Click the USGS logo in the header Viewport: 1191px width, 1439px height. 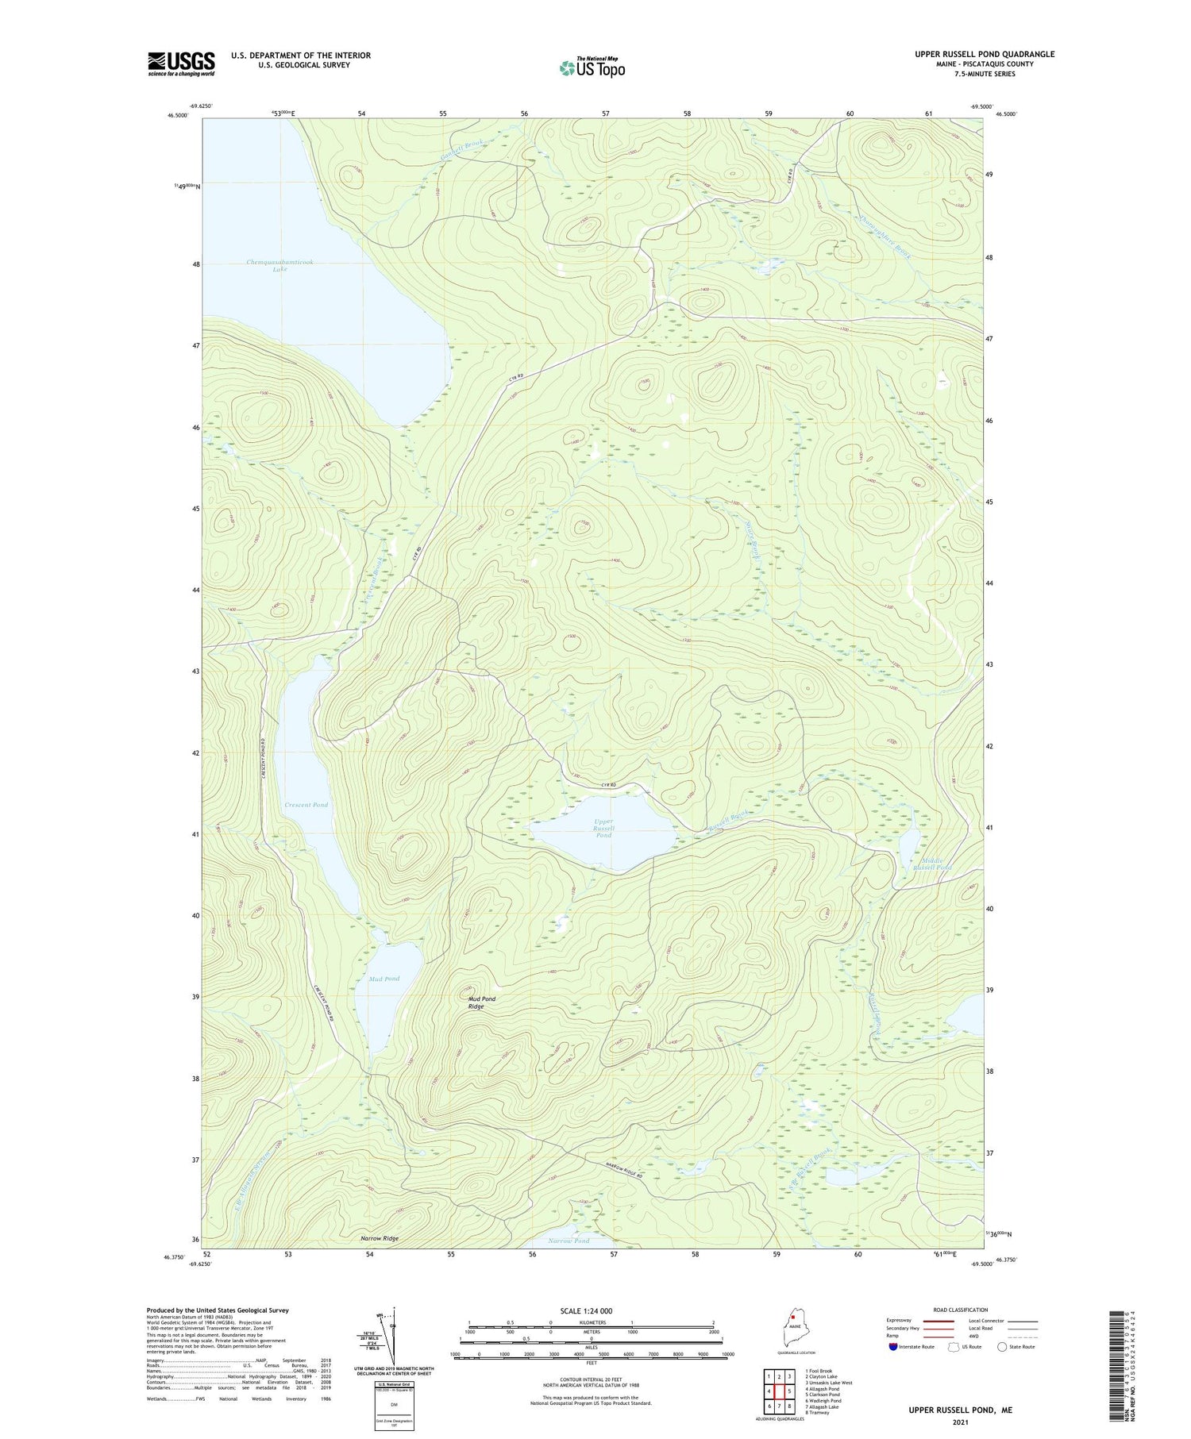[x=181, y=64]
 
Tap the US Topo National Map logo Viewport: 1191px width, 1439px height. [x=592, y=67]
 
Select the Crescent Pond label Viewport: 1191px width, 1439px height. [x=306, y=805]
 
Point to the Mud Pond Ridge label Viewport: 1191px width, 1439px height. [x=476, y=1002]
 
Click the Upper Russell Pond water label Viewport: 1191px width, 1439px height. [x=604, y=828]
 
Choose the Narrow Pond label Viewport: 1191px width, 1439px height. [x=569, y=1241]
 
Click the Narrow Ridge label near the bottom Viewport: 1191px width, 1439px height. [x=379, y=1238]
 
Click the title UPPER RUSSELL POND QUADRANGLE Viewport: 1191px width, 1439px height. [x=984, y=54]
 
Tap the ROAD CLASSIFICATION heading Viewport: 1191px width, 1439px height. [x=961, y=1310]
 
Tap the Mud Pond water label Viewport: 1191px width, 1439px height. [x=384, y=979]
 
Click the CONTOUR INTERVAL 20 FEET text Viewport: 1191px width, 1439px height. [x=591, y=1380]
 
